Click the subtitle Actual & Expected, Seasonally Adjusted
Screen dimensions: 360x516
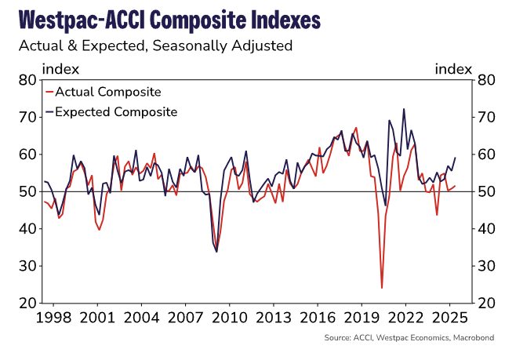(155, 45)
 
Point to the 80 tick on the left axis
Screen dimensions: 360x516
(27, 80)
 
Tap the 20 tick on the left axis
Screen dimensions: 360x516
(27, 303)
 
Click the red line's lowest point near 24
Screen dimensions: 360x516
(382, 288)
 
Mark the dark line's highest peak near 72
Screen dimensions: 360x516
(404, 109)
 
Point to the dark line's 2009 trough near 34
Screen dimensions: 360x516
(216, 251)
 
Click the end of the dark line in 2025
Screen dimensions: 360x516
(456, 158)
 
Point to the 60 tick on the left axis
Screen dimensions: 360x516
(27, 155)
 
